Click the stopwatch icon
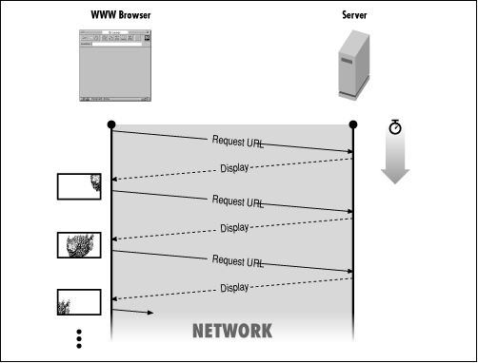395,127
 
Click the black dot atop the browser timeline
111,124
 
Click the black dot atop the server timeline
353,124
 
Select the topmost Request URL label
237,143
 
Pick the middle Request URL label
237,201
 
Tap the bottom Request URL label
237,260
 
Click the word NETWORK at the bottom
232,331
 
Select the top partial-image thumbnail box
78,186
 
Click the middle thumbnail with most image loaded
78,246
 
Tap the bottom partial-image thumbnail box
78,303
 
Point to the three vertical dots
80,338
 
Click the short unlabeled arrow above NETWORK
133,310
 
